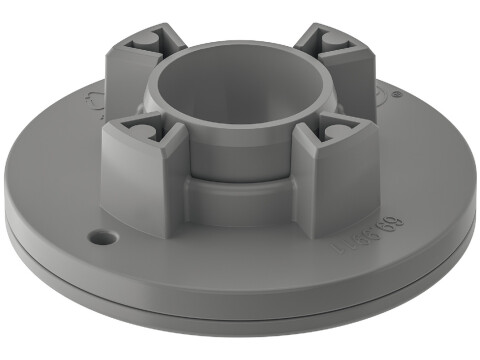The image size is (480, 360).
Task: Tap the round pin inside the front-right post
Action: [x=334, y=130]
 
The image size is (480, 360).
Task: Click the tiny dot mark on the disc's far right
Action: [x=397, y=96]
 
